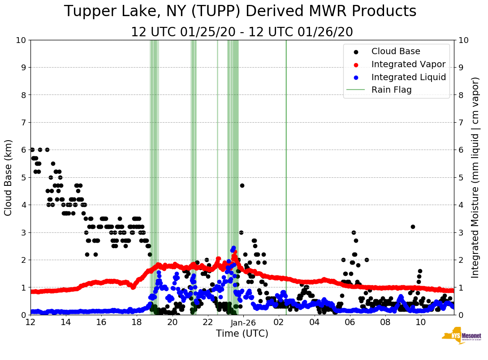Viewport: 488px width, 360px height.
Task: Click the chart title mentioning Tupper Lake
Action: click(x=240, y=12)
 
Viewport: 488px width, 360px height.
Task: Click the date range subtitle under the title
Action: click(x=242, y=32)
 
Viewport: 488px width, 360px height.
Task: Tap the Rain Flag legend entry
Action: click(x=391, y=90)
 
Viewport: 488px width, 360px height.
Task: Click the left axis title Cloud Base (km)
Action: click(x=9, y=178)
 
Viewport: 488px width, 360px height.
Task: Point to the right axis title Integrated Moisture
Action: click(x=476, y=177)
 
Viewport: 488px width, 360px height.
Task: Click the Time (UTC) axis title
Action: click(x=242, y=334)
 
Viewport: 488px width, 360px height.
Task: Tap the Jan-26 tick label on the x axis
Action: click(x=243, y=322)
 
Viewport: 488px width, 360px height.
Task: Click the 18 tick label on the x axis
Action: click(x=137, y=322)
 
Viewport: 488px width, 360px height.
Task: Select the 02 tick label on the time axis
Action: click(x=279, y=322)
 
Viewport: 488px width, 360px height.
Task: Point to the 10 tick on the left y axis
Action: click(x=21, y=40)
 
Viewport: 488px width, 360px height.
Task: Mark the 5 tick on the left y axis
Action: click(x=23, y=178)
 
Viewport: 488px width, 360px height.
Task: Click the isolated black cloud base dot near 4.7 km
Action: click(x=242, y=185)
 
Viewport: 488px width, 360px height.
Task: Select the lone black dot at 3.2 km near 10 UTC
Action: click(x=413, y=227)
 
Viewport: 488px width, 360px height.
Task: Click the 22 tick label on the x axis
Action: click(x=207, y=322)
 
